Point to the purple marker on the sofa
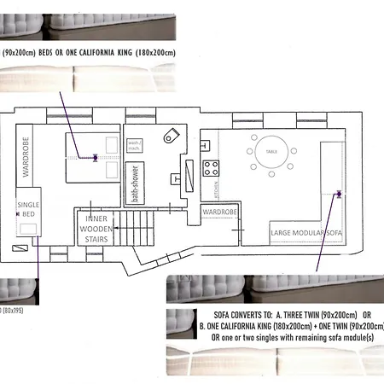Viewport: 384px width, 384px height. (339, 194)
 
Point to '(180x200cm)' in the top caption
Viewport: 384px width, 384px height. (153, 53)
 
